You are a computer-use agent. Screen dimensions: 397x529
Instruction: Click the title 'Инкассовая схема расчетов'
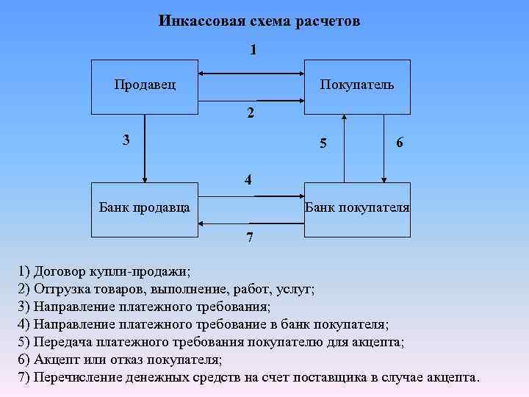click(259, 21)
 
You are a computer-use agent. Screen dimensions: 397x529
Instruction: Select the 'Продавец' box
click(145, 85)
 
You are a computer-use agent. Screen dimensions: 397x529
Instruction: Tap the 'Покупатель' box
click(356, 85)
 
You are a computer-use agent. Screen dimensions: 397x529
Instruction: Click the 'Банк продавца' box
click(145, 207)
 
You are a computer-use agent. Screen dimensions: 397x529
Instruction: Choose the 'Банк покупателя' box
click(357, 207)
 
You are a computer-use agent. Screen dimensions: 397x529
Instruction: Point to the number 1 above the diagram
click(253, 50)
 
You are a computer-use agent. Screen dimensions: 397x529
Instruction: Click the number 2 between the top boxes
click(251, 114)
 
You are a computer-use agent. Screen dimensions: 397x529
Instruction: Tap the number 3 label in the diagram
click(126, 139)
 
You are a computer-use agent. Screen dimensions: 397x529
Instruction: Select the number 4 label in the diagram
click(250, 179)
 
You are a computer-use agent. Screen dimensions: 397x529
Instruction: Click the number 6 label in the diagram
click(399, 143)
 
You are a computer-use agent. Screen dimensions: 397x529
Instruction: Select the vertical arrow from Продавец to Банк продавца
click(145, 147)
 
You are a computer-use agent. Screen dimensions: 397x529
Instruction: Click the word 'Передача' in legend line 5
click(62, 343)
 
